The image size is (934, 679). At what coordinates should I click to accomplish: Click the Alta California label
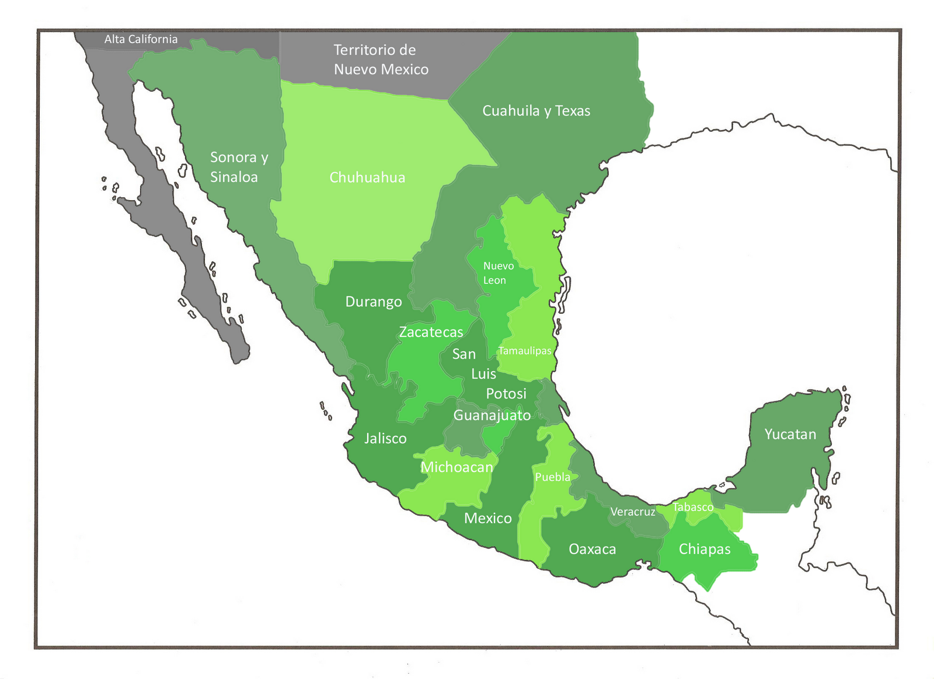(141, 39)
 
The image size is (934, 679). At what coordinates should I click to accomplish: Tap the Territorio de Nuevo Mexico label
(381, 60)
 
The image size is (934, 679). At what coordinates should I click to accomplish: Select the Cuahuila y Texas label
(536, 111)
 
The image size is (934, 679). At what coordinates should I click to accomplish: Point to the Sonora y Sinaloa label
(239, 167)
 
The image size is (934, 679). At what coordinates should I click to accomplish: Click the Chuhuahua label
(367, 177)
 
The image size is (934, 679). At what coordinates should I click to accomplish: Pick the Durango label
(374, 302)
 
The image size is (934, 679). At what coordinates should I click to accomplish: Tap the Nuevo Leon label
(498, 273)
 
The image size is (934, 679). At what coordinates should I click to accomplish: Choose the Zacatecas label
(431, 332)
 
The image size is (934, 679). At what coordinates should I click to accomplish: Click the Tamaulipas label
(525, 351)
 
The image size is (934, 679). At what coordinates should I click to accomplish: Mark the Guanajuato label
(492, 415)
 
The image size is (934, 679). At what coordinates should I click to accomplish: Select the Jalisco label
(385, 438)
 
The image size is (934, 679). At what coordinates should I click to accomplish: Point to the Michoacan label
(457, 467)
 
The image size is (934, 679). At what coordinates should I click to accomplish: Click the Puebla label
(552, 477)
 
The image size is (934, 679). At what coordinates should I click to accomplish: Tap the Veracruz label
(633, 512)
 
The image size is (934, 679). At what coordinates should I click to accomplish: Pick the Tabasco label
(693, 507)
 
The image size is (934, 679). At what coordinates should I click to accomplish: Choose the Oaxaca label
(592, 549)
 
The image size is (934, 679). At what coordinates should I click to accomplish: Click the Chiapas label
(705, 549)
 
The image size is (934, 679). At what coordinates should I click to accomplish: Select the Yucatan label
(790, 434)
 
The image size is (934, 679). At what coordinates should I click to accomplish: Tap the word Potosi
(506, 394)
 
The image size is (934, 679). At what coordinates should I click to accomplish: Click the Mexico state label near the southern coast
(487, 518)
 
